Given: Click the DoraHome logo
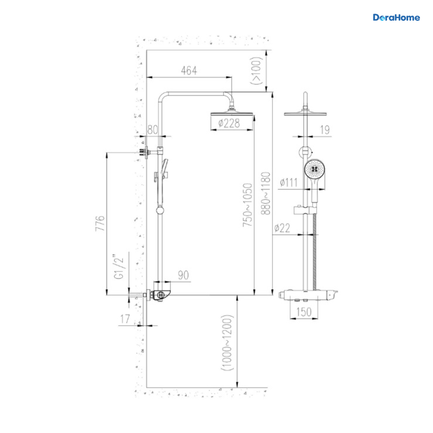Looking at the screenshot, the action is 396,18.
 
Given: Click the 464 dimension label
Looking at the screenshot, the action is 189,71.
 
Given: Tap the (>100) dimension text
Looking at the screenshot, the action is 257,71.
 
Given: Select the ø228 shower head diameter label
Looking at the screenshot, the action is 229,123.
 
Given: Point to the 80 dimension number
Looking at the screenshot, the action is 153,130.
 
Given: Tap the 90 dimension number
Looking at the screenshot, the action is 183,275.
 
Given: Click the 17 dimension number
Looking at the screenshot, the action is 125,319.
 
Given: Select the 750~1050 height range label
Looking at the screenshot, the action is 248,205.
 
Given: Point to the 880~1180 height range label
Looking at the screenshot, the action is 266,193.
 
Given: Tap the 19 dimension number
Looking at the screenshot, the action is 325,130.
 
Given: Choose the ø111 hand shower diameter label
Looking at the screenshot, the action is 289,182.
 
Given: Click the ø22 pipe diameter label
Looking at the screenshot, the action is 282,228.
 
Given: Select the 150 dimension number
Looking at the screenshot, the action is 304,312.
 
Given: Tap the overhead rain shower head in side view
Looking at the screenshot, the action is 232,114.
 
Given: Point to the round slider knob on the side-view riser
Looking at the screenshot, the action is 160,210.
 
